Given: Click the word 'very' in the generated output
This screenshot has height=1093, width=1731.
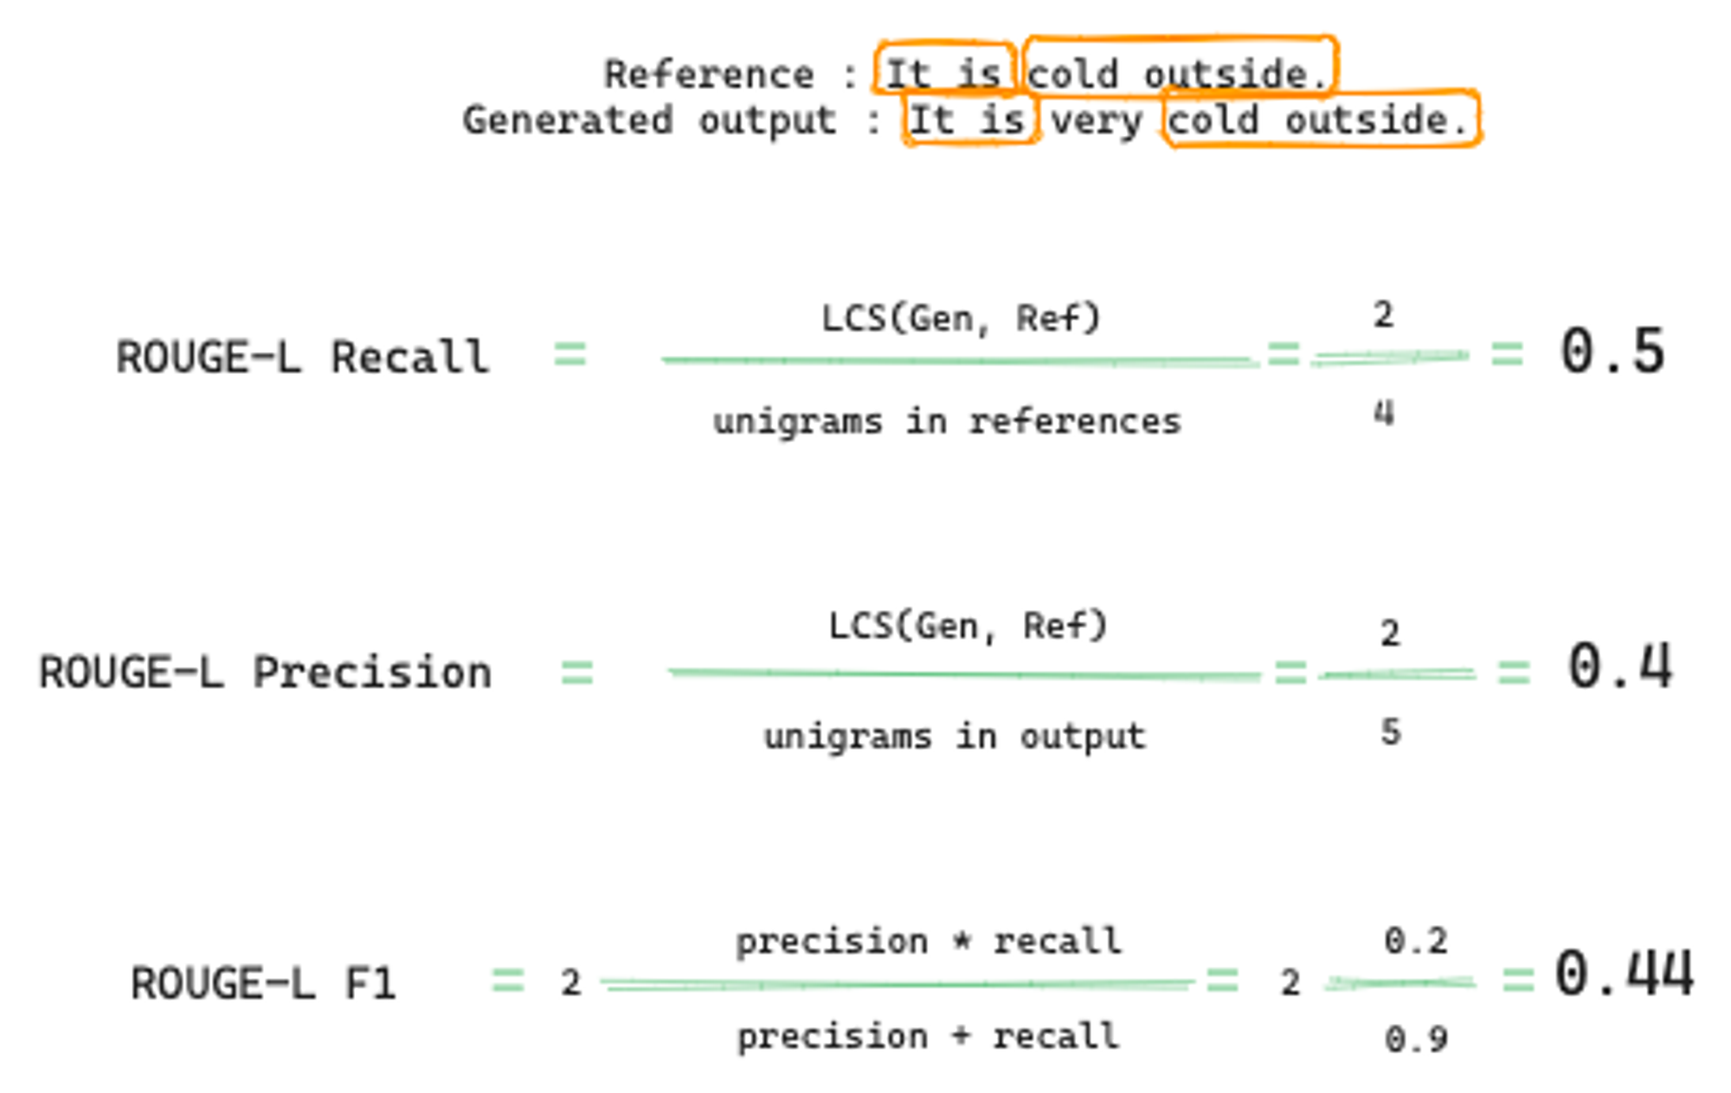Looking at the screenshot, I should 1096,121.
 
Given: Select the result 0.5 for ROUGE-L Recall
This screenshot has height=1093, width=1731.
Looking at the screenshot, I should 1612,352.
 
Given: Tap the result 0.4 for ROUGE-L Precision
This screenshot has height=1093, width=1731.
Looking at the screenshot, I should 1619,667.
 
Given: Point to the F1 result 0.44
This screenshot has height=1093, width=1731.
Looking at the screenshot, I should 1624,974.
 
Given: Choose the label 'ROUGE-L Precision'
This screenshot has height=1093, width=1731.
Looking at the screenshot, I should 265,672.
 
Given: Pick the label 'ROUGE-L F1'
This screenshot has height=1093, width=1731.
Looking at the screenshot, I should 263,983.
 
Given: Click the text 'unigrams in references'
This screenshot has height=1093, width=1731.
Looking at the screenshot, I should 947,422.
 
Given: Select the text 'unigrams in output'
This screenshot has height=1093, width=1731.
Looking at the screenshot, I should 955,736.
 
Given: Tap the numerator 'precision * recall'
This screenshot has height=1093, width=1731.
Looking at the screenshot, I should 929,941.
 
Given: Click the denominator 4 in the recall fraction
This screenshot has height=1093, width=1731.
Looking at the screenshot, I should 1384,414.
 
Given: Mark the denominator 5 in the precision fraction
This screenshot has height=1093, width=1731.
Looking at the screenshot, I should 1390,732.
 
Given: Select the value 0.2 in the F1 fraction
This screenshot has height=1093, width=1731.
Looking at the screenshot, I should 1416,941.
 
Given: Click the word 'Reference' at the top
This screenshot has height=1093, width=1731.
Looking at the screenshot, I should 709,74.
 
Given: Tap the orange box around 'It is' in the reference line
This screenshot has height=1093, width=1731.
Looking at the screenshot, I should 943,68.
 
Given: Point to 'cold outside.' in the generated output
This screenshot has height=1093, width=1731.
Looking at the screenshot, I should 1320,119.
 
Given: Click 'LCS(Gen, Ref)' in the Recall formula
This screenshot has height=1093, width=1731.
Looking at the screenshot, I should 961,319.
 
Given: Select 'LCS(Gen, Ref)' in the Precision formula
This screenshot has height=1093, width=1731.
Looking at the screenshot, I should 968,626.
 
